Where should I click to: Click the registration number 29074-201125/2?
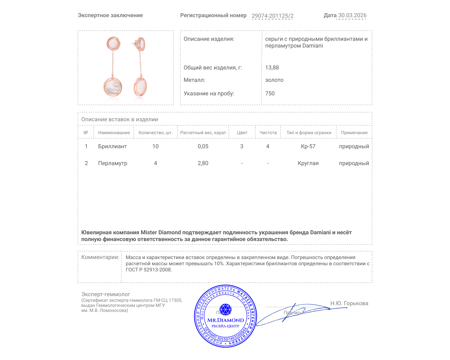coord(272,16)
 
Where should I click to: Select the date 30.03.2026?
coord(352,15)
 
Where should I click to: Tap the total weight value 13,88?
coord(272,67)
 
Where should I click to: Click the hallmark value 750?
coord(270,93)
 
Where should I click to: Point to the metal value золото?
coord(274,80)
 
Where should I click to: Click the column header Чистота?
coord(268,132)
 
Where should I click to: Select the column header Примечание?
coord(354,132)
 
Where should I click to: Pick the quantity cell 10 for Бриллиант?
coord(155,146)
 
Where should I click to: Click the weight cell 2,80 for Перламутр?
coord(203,163)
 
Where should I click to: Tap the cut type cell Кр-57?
coord(308,146)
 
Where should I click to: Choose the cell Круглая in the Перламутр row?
coord(308,163)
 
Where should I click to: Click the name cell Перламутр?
coord(112,163)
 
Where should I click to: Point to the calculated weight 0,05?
coord(203,146)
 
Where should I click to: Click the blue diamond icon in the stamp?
coord(225,309)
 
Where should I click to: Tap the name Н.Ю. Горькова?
coord(349,303)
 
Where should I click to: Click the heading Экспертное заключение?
coord(110,15)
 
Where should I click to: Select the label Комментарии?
coord(100,257)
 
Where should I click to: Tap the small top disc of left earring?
coord(113,44)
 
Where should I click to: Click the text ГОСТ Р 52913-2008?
coord(148,270)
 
